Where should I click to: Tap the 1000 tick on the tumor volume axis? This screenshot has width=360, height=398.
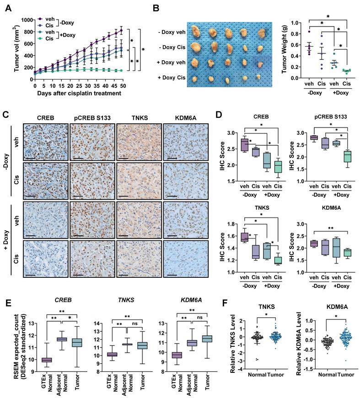click(26, 20)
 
